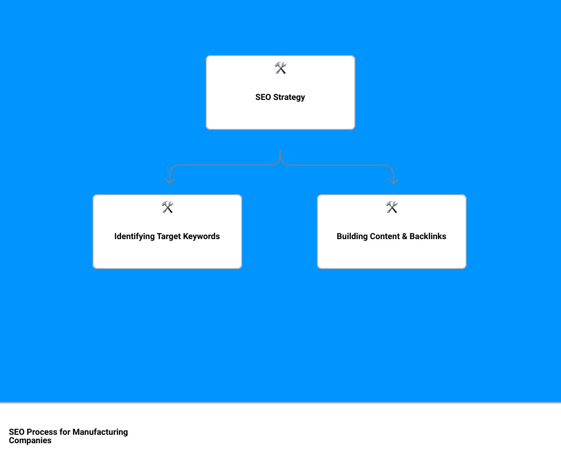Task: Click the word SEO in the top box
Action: (x=263, y=97)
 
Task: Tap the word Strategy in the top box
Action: (x=289, y=98)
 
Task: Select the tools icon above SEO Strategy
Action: (x=280, y=68)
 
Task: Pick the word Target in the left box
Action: (x=169, y=237)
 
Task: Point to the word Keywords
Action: (x=201, y=236)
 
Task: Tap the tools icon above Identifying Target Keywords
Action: (x=167, y=207)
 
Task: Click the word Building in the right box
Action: (x=352, y=236)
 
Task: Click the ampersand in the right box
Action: (x=405, y=236)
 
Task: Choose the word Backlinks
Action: (x=428, y=236)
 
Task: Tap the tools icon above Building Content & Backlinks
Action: (x=391, y=207)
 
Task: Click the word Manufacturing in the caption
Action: (x=100, y=432)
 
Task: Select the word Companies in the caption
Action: (x=30, y=441)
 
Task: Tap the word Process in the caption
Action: (x=42, y=432)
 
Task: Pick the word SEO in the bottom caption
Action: (x=17, y=432)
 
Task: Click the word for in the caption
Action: (x=65, y=432)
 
